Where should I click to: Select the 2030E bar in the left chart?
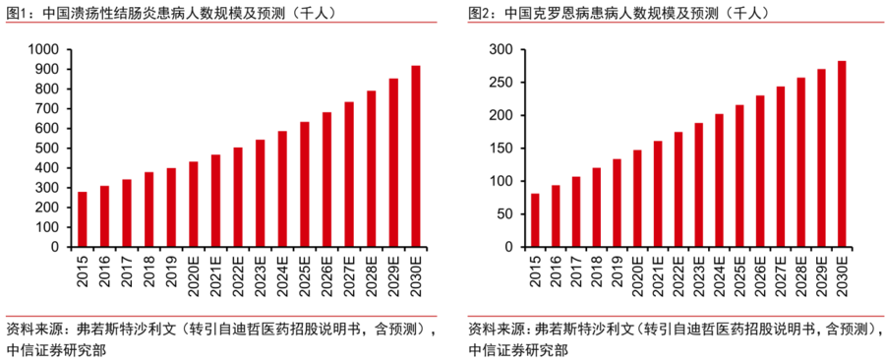point(416,156)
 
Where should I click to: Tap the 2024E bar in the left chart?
point(282,189)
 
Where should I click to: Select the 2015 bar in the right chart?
point(535,220)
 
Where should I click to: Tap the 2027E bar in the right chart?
point(780,167)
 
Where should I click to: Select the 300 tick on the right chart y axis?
point(502,49)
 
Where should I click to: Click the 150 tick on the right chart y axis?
point(502,149)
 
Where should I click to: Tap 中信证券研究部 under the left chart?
point(56,348)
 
